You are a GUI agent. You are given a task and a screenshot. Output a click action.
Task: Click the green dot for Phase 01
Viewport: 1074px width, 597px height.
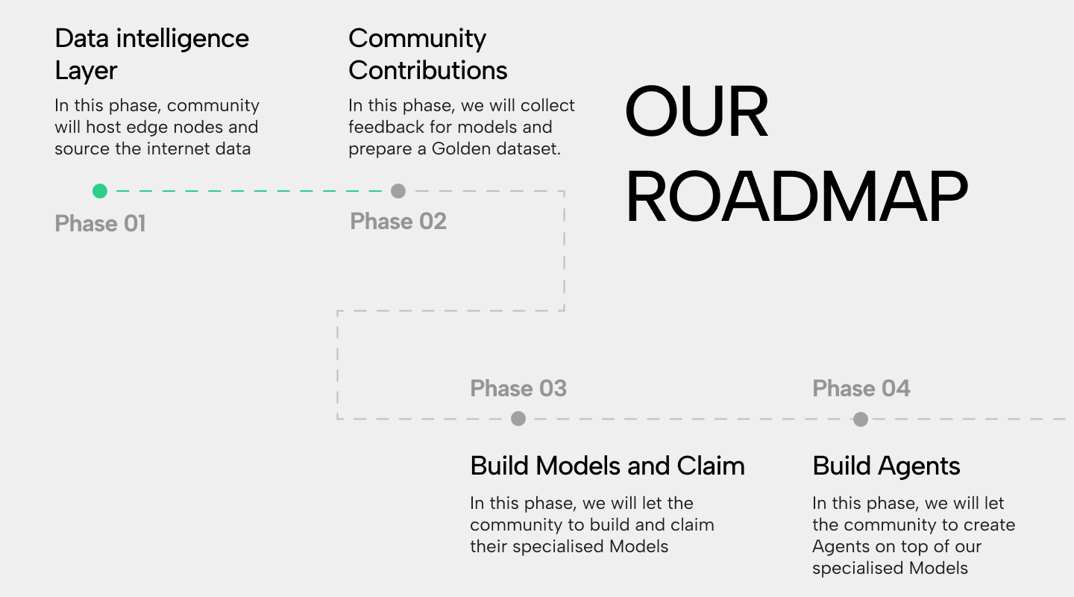point(100,191)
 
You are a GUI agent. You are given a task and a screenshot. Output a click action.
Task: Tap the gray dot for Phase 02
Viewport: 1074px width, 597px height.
point(398,191)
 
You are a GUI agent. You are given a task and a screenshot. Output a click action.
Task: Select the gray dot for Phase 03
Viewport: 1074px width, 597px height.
point(518,419)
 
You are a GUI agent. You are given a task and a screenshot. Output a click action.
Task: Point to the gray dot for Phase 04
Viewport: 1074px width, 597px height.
point(861,419)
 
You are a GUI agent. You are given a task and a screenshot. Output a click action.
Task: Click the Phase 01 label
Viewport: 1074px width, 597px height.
point(100,224)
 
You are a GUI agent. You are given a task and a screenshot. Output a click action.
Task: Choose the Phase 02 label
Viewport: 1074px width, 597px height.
point(398,222)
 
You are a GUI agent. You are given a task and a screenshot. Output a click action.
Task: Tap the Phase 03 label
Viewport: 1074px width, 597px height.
point(518,388)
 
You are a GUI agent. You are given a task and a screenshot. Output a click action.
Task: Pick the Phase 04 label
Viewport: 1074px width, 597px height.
point(861,388)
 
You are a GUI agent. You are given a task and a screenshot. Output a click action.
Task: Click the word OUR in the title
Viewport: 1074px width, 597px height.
point(697,111)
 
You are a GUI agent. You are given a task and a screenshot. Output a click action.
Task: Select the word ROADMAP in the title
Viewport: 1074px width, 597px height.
point(797,197)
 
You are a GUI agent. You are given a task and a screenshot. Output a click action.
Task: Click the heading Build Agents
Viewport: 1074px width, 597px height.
point(886,466)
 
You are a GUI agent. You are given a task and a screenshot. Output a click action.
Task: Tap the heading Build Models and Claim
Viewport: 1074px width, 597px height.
point(607,466)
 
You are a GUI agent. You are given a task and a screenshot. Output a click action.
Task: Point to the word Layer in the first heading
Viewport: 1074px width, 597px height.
point(86,72)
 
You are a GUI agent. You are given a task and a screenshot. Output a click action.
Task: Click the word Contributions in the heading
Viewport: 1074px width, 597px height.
point(427,71)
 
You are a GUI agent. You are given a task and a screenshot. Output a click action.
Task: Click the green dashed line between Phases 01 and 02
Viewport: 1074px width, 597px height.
point(249,191)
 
